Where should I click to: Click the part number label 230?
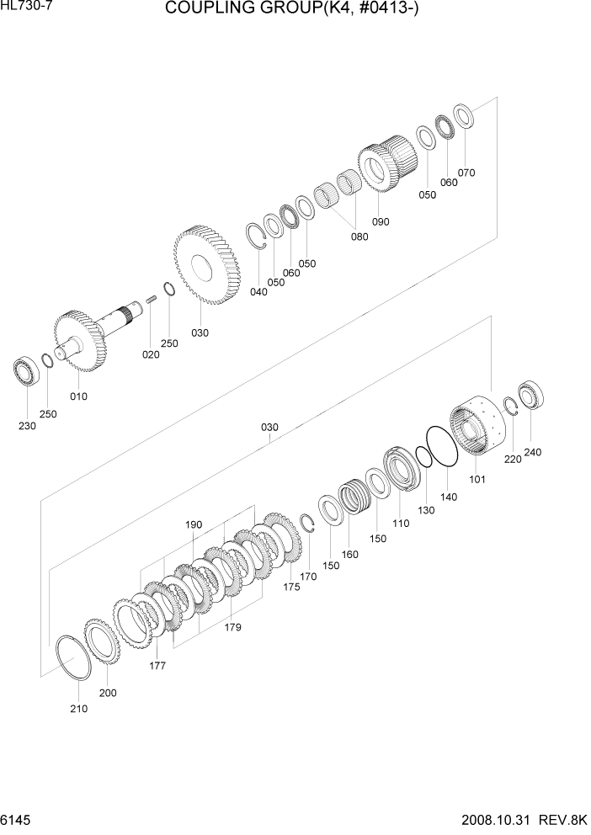[27, 426]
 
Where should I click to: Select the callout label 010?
[78, 396]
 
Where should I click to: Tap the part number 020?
[151, 354]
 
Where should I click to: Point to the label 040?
[258, 292]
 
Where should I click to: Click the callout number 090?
[381, 222]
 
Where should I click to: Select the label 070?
[466, 173]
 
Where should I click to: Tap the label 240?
[532, 452]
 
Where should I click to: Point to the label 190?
[194, 524]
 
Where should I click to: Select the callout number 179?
[233, 626]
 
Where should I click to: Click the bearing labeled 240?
[532, 395]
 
